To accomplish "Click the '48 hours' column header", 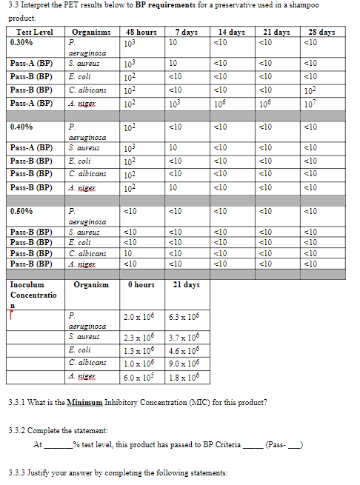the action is (141, 32).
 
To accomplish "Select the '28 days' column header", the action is (321, 32).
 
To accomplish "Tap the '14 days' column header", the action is (231, 32).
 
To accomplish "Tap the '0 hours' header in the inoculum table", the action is (140, 284).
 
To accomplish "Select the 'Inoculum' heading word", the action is (28, 284).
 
